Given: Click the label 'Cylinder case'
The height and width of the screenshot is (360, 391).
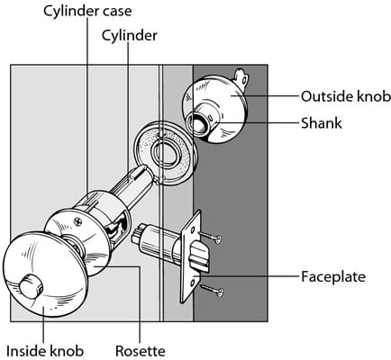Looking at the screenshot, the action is [87, 12].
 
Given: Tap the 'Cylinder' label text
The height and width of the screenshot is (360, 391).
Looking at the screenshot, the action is [129, 36].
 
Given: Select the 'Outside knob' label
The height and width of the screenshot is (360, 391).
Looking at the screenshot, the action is [346, 96].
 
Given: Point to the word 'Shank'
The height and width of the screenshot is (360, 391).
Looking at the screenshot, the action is [322, 123].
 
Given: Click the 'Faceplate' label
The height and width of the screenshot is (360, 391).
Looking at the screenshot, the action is [333, 276].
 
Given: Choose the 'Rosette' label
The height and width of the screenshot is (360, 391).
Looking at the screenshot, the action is [141, 351].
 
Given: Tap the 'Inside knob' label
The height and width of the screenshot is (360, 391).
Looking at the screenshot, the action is [45, 351].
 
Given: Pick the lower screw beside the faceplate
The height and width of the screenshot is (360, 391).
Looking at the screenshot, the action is [212, 291].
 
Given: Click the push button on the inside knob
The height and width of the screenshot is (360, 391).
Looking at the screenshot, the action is [31, 285].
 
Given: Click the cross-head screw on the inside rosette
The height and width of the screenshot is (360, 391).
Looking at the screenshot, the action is [78, 221].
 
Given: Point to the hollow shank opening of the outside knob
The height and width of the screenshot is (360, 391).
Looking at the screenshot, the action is [197, 123].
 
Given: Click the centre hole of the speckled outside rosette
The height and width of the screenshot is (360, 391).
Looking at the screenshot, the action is [165, 154].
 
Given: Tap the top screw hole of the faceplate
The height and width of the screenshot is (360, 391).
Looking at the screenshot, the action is [193, 230].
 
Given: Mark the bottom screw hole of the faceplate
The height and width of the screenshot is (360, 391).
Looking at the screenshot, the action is [193, 282].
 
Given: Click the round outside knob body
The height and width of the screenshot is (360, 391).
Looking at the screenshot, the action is [215, 109].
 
